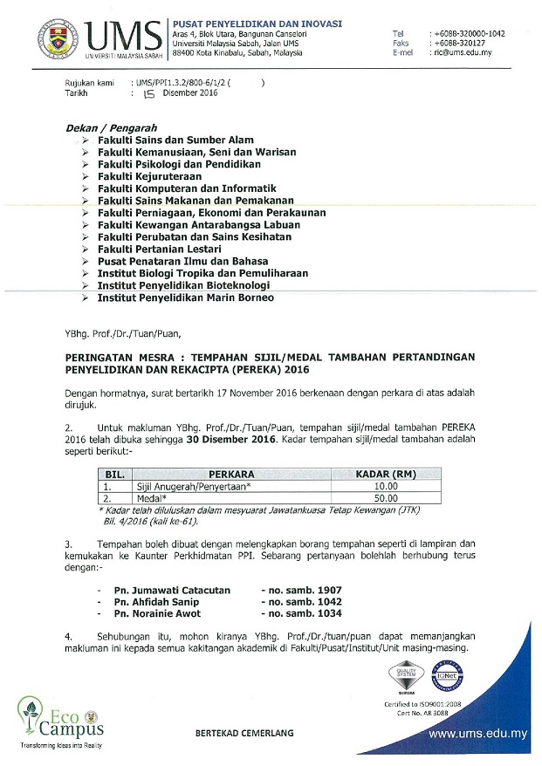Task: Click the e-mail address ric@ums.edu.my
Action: point(463,52)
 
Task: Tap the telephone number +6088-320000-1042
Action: point(469,33)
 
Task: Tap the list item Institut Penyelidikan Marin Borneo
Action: point(186,298)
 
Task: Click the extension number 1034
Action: point(320,614)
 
